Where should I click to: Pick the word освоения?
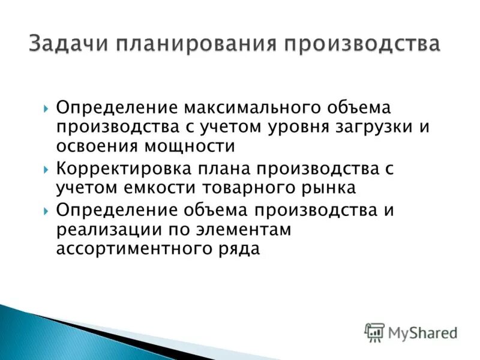pyautogui.click(x=94, y=146)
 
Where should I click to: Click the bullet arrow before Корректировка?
pyautogui.click(x=47, y=170)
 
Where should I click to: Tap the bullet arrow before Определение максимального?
pyautogui.click(x=47, y=109)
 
